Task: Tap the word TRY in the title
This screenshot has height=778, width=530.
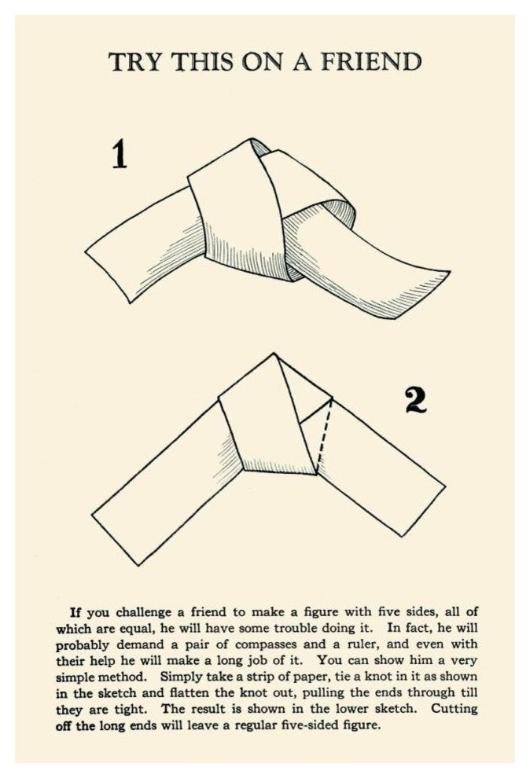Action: pyautogui.click(x=135, y=62)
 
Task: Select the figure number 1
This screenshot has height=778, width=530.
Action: pyautogui.click(x=119, y=154)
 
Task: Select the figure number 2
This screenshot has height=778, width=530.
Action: pyautogui.click(x=416, y=401)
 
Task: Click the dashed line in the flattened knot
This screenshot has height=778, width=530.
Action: pyautogui.click(x=323, y=435)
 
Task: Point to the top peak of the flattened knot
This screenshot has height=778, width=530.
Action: pyautogui.click(x=274, y=354)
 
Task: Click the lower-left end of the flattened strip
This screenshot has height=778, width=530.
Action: pyautogui.click(x=115, y=540)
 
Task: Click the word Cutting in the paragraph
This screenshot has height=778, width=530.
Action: pyautogui.click(x=454, y=709)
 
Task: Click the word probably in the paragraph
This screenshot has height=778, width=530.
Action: pyautogui.click(x=83, y=645)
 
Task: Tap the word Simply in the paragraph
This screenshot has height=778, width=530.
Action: pyautogui.click(x=179, y=677)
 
